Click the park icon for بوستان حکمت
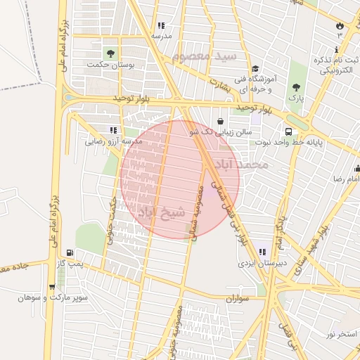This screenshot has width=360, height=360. pos(110,53)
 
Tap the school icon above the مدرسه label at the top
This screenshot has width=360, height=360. pos(161,25)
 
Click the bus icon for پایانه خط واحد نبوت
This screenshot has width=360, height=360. pos(289,131)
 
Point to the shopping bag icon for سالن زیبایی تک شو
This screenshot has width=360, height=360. pos(221,121)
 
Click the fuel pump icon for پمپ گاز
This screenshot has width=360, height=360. pos(69,253)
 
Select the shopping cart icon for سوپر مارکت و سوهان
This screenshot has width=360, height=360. pos(52,286)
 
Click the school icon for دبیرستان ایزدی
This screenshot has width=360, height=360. pos(262,252)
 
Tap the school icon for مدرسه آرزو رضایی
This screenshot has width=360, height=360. pos(114,129)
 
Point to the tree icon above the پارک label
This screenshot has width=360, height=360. pos(297,87)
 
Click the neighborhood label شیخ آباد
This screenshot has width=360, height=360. pos(162,210)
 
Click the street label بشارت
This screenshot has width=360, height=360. pos(219,83)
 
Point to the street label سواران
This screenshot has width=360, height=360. pos(238,299)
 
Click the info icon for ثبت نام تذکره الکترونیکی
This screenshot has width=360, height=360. pos(337,49)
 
